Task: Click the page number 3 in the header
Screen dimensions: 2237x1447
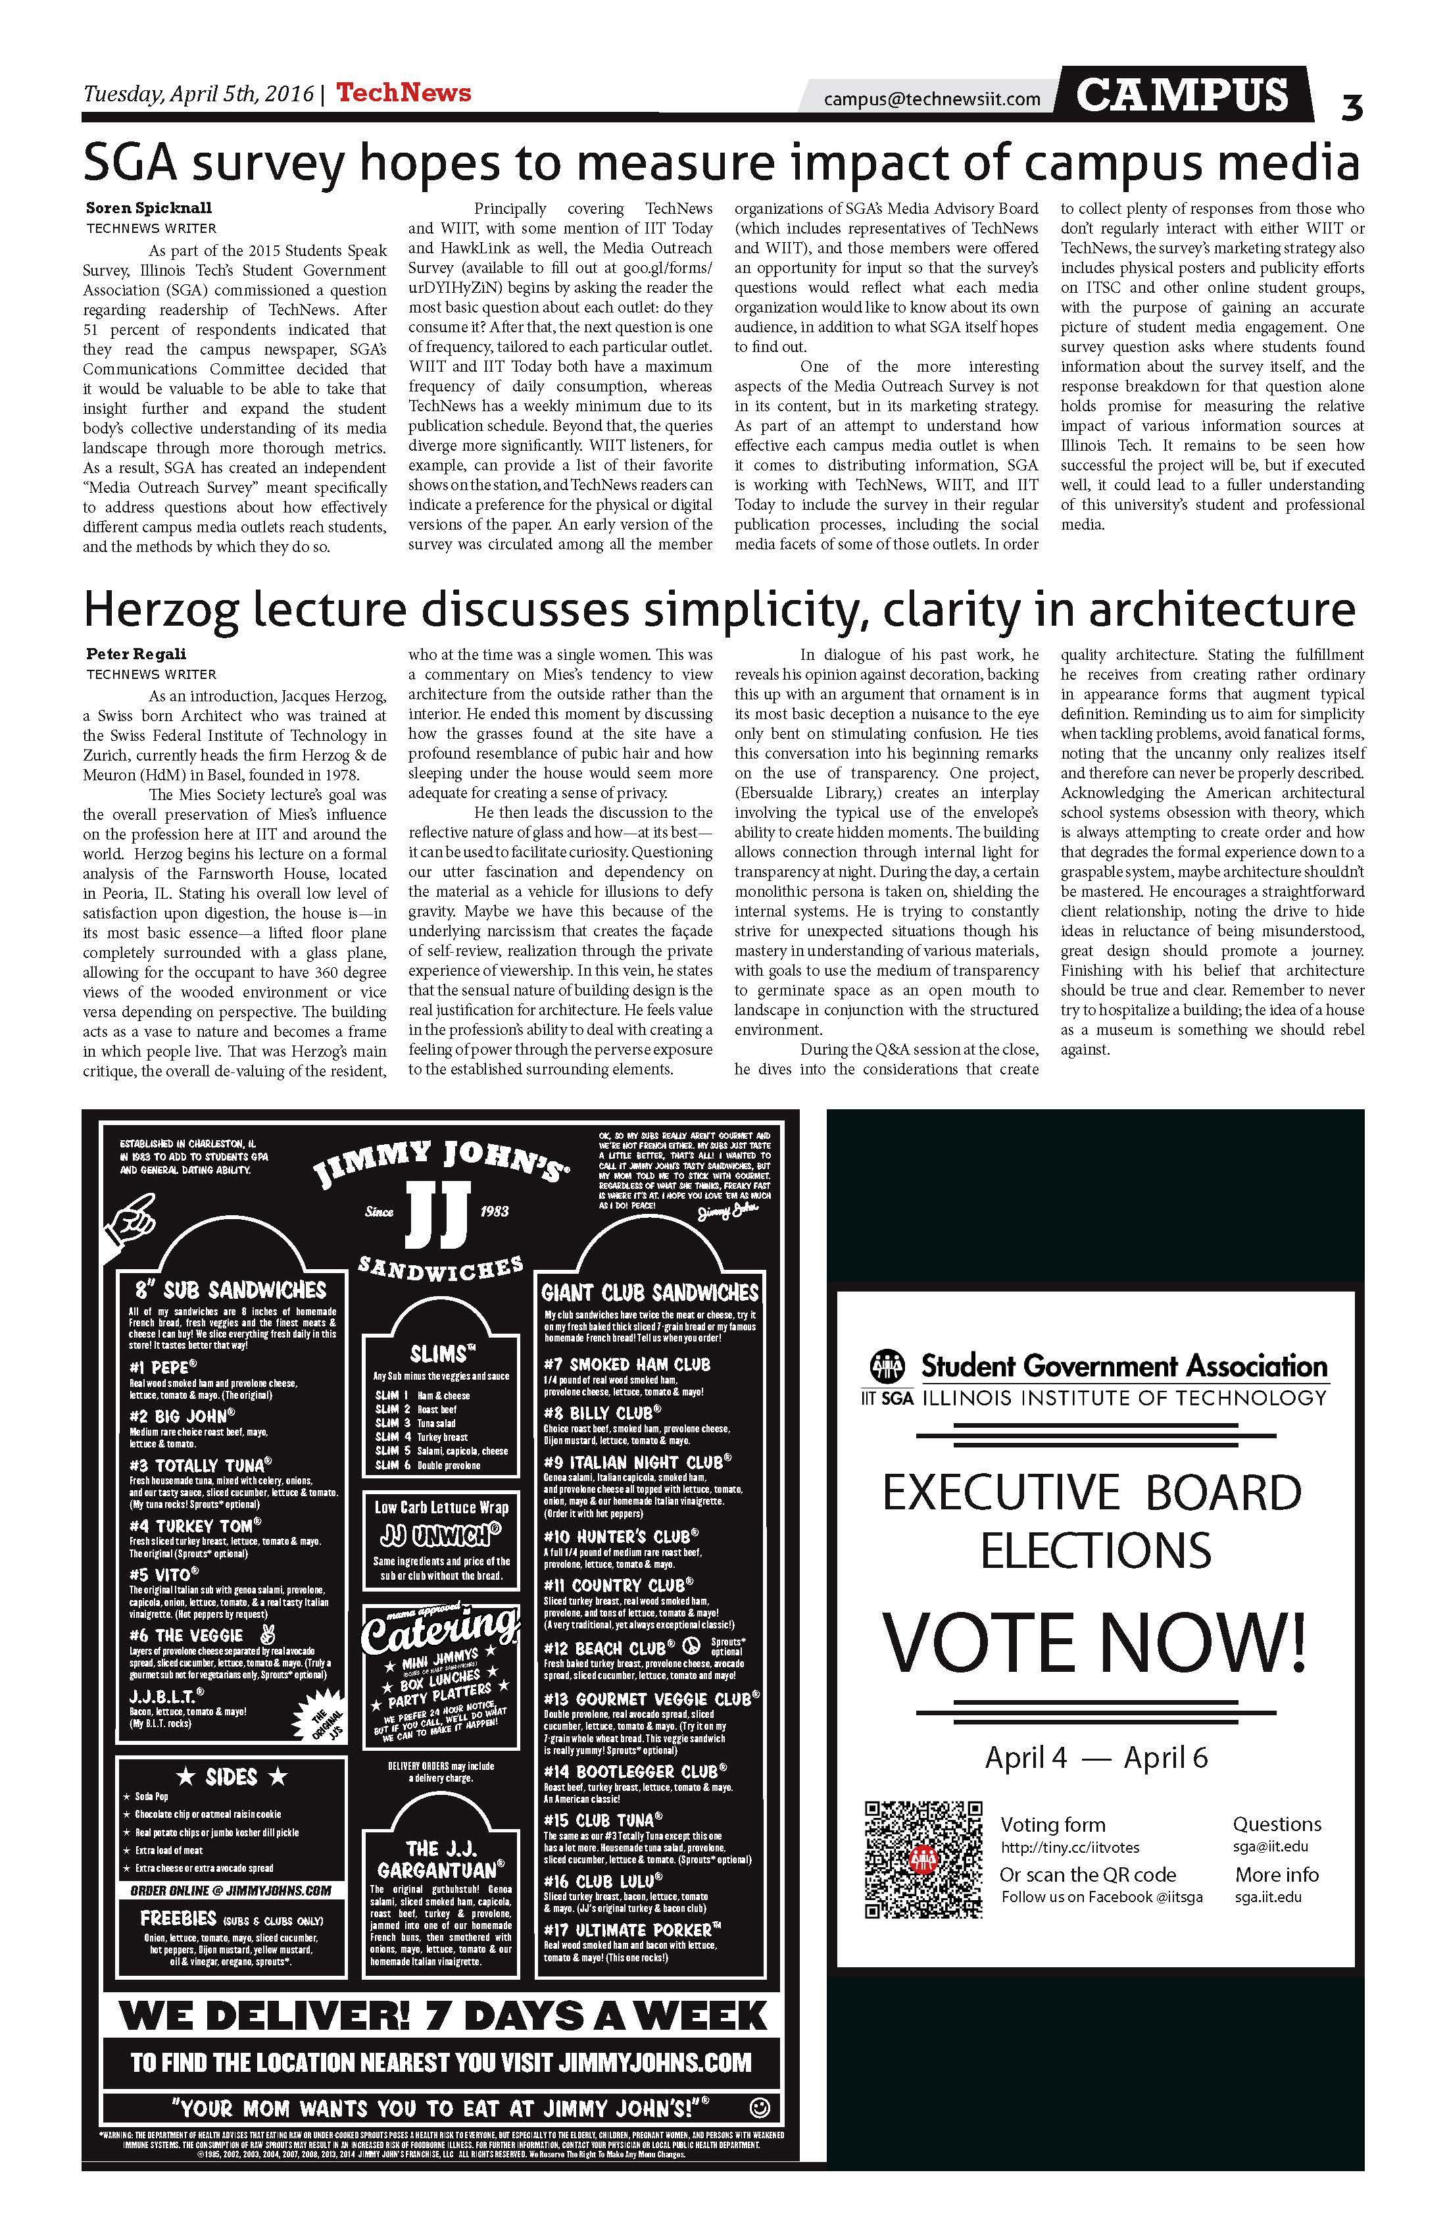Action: pos(1351,109)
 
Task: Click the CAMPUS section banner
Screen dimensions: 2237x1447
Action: pos(1182,95)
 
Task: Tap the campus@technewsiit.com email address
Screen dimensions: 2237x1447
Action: pos(931,99)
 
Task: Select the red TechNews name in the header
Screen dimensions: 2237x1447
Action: pos(403,93)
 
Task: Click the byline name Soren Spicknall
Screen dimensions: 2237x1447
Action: pos(149,208)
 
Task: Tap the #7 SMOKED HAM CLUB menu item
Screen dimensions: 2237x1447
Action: pos(627,1364)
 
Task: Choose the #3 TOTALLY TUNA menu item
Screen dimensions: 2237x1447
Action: pos(200,1465)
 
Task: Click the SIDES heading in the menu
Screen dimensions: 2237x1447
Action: pos(230,1777)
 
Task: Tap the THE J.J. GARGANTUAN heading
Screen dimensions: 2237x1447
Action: pos(441,1858)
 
